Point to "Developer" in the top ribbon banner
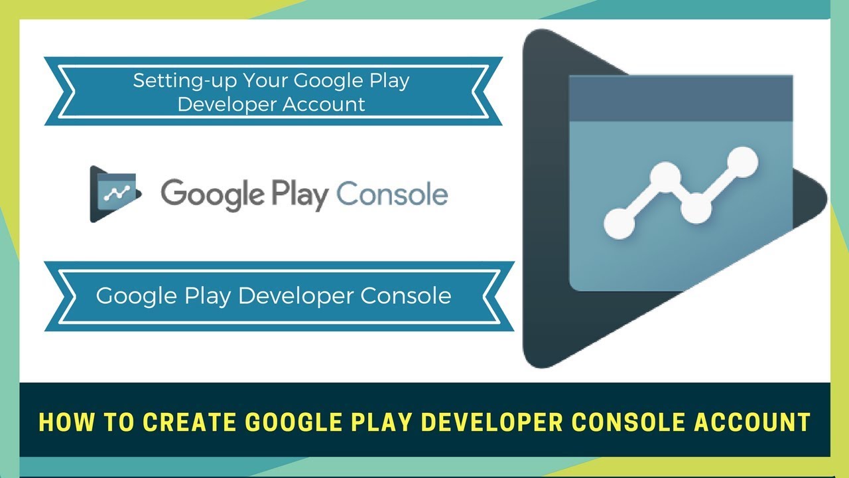click(222, 104)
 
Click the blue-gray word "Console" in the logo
click(392, 195)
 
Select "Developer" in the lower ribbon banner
click(296, 295)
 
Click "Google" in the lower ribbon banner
click(135, 295)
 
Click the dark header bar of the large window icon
click(681, 98)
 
